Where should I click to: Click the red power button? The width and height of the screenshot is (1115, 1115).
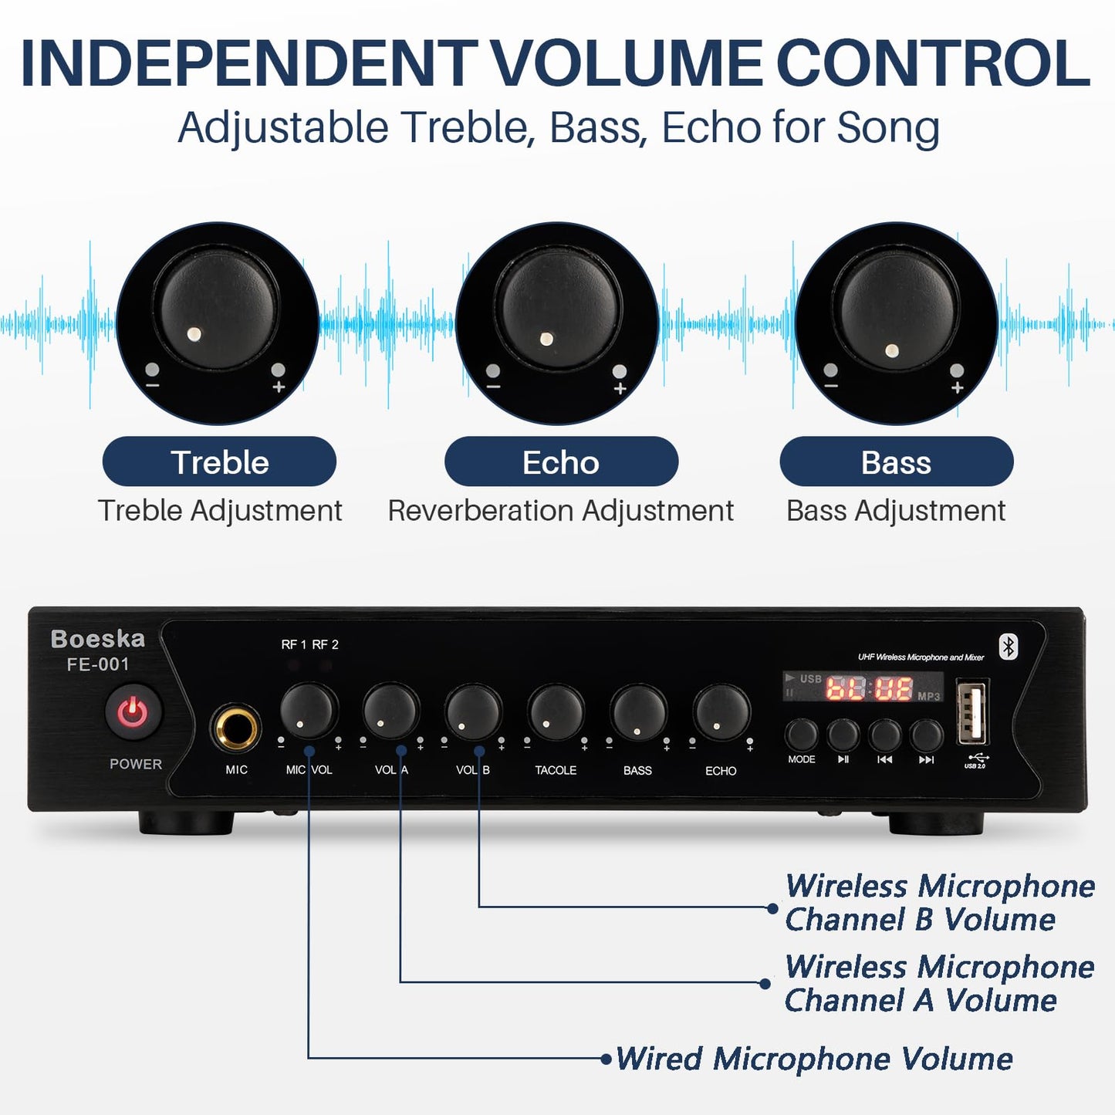tap(133, 711)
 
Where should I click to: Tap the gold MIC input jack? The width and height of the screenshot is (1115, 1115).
tap(236, 727)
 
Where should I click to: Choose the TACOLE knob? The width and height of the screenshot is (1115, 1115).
tap(556, 712)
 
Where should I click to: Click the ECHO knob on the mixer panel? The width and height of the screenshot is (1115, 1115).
tap(721, 713)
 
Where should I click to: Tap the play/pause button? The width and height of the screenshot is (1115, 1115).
tap(843, 735)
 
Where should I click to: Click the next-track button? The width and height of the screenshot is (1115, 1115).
tap(926, 735)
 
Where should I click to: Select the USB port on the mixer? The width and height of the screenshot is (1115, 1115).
tap(972, 711)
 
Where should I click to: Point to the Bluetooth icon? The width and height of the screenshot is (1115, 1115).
tap(1009, 647)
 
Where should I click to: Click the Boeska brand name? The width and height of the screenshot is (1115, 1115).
tap(98, 639)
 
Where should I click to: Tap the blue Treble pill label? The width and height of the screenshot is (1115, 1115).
tap(219, 462)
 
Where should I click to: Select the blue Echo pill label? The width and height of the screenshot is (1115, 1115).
tap(561, 462)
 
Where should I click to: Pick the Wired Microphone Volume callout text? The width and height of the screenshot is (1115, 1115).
tap(814, 1059)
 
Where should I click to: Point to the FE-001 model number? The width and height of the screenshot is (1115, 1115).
tap(98, 664)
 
